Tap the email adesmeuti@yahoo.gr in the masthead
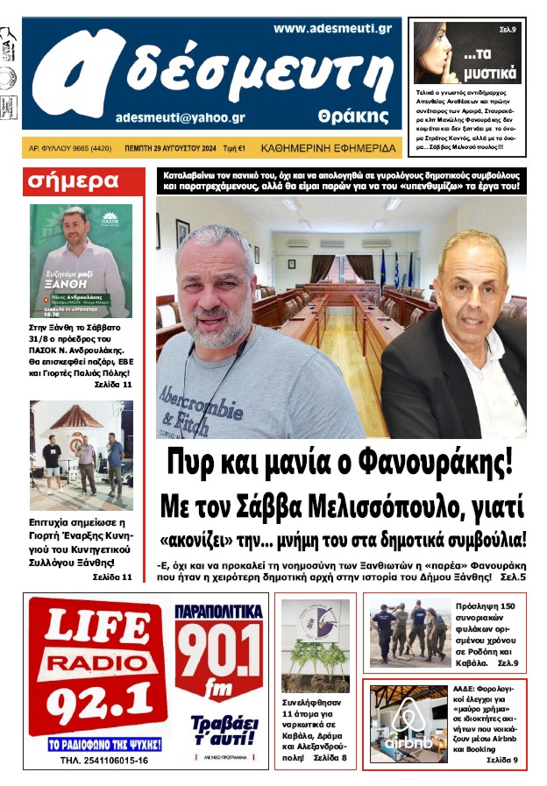(180, 117)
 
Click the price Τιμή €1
(231, 149)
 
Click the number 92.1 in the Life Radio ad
(96, 700)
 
